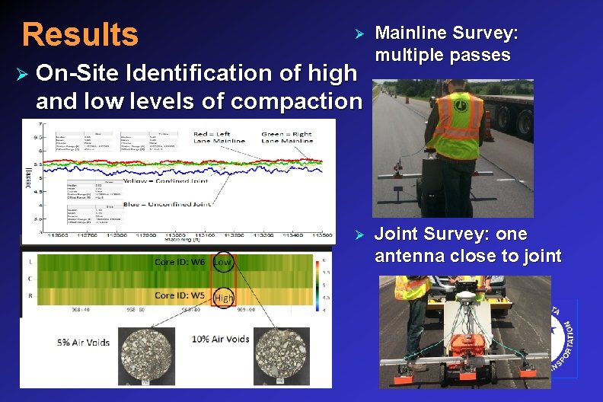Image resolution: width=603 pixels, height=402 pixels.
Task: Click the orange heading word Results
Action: point(80,34)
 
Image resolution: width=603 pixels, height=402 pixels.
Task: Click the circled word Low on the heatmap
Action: point(222,263)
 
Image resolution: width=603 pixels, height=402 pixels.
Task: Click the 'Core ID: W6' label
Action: point(180,262)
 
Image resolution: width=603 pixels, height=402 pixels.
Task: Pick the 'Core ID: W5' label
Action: point(180,295)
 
